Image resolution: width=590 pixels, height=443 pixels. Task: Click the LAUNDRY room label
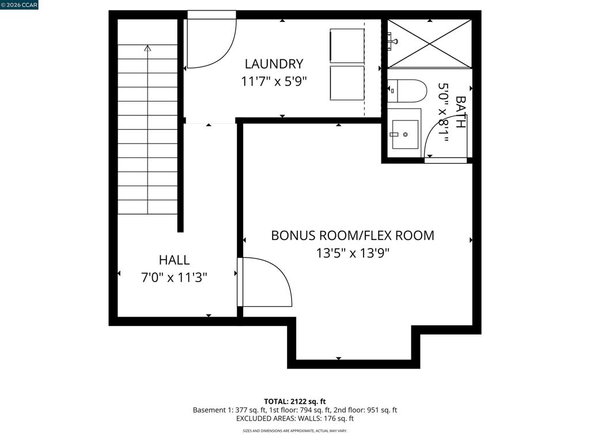click(x=274, y=64)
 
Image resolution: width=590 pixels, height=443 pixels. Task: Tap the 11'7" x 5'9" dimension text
click(x=274, y=81)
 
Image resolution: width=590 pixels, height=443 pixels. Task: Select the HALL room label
click(x=174, y=260)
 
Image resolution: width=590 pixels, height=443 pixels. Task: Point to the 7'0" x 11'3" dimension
click(x=174, y=277)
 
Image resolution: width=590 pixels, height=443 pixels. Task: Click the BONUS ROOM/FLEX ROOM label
click(x=353, y=235)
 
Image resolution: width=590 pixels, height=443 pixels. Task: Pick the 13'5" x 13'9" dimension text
click(x=353, y=253)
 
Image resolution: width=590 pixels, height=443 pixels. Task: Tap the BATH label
click(x=460, y=112)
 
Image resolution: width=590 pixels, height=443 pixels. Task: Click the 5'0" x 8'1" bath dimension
click(x=444, y=112)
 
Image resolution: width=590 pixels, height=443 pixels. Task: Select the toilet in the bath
click(x=407, y=91)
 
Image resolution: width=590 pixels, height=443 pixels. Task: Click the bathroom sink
click(x=405, y=134)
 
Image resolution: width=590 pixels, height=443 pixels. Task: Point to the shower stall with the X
click(x=429, y=43)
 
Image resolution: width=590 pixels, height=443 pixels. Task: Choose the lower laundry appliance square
click(x=347, y=83)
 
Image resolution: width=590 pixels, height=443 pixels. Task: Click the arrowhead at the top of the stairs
click(x=147, y=49)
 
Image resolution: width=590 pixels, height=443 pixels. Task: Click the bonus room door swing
click(x=265, y=283)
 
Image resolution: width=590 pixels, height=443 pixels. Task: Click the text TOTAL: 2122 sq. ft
click(x=295, y=401)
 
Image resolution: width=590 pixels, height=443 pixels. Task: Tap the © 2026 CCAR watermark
click(x=19, y=5)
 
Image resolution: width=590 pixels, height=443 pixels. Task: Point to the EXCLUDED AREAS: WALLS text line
click(x=295, y=419)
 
